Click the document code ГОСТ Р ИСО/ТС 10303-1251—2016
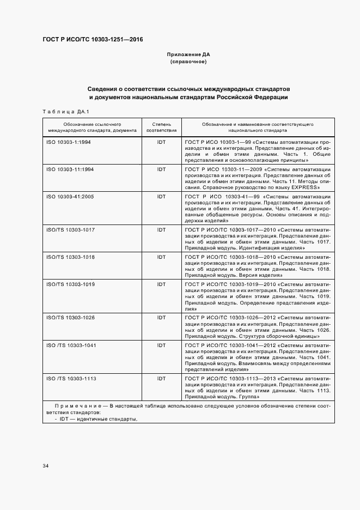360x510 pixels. tap(93, 40)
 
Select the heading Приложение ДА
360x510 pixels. tap(188, 55)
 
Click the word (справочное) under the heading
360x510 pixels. tap(188, 62)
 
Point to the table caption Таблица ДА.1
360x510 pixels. tap(65, 112)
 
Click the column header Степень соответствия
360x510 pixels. tap(161, 128)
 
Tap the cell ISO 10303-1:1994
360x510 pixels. tap(69, 141)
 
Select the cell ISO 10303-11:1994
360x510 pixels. tap(70, 169)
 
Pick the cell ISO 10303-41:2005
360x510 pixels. tap(70, 197)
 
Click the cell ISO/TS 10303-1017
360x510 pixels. tap(71, 230)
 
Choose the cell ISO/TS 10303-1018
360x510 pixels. tap(71, 257)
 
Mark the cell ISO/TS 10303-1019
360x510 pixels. tap(71, 284)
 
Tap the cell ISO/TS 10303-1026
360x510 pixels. tap(71, 318)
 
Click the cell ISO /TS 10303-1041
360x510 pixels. tap(71, 345)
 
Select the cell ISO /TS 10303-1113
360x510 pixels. tap(71, 378)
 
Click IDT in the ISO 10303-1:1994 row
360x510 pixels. tap(161, 141)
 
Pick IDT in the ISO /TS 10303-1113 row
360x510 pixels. tap(161, 378)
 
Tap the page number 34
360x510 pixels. tap(46, 466)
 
